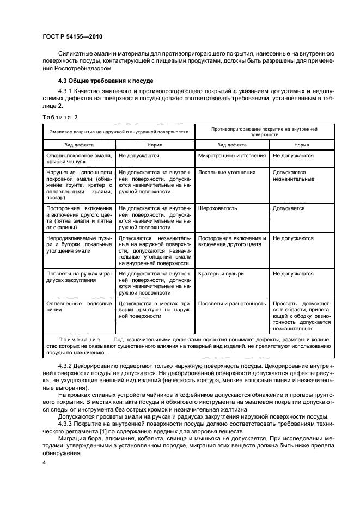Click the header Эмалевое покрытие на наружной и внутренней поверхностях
point(119,132)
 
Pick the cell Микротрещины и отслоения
point(232,155)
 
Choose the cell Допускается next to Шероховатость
point(289,208)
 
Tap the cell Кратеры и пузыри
point(221,274)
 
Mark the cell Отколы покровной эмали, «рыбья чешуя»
point(77,158)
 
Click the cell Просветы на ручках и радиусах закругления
point(77,277)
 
